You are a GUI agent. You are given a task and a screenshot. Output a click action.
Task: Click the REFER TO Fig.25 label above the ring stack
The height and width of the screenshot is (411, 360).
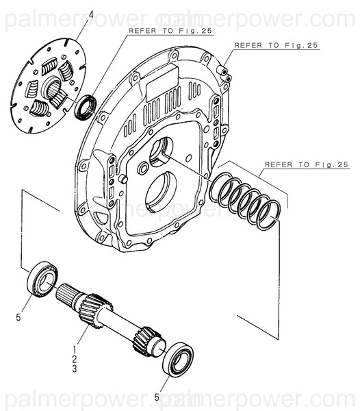pyautogui.click(x=307, y=165)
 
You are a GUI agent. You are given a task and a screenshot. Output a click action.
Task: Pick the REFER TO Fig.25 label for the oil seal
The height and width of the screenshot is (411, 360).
pyautogui.click(x=159, y=31)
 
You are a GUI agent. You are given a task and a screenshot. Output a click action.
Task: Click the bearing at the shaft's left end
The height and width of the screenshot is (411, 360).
pyautogui.click(x=42, y=277)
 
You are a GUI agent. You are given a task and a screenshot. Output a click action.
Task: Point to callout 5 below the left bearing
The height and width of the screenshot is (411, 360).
pyautogui.click(x=19, y=318)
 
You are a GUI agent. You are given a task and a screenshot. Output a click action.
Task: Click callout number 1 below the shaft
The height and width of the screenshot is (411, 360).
pyautogui.click(x=74, y=349)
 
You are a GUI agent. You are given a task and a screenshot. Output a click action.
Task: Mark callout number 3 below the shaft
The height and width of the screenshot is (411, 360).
pyautogui.click(x=74, y=369)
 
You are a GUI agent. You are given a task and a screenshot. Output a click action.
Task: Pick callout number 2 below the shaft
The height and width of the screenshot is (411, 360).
pyautogui.click(x=74, y=359)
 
